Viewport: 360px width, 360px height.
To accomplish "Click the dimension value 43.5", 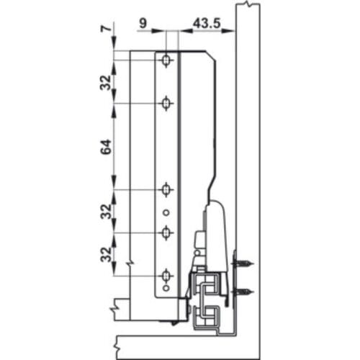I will coord(206,24).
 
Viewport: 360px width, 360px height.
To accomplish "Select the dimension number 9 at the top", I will coord(143,23).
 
